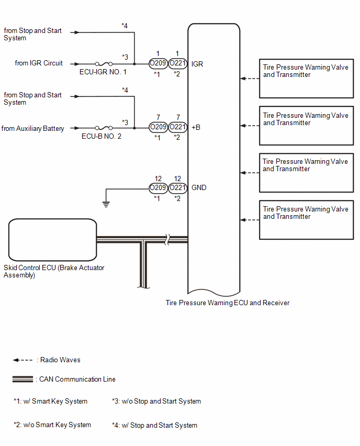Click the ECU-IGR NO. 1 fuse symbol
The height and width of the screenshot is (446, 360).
(x=104, y=64)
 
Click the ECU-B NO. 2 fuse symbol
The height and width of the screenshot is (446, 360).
(x=104, y=128)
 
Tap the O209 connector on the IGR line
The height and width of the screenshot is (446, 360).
(x=158, y=63)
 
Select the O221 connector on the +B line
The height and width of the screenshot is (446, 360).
(x=178, y=127)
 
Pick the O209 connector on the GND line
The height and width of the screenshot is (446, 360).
(x=158, y=188)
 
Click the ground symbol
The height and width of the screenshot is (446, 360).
(x=106, y=204)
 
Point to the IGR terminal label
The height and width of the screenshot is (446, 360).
(x=197, y=64)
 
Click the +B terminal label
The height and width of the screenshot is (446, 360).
(x=196, y=127)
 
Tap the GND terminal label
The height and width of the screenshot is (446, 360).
(x=199, y=188)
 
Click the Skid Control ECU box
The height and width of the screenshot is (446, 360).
(x=53, y=240)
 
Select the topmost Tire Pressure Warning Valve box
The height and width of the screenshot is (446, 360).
(x=306, y=79)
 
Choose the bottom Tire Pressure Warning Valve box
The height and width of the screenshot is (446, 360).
(x=306, y=220)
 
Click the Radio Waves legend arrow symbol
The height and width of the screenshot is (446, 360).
(x=22, y=360)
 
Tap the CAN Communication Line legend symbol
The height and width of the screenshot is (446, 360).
(x=22, y=379)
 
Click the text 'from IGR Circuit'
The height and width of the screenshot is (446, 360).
(x=39, y=63)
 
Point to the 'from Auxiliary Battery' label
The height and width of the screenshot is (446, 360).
(x=32, y=129)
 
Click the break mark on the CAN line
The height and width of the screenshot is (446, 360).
(x=168, y=240)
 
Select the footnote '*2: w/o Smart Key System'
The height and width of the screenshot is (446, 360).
(x=52, y=425)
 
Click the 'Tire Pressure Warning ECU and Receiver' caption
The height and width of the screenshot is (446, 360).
(x=228, y=303)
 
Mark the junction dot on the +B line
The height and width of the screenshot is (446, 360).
(x=134, y=128)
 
